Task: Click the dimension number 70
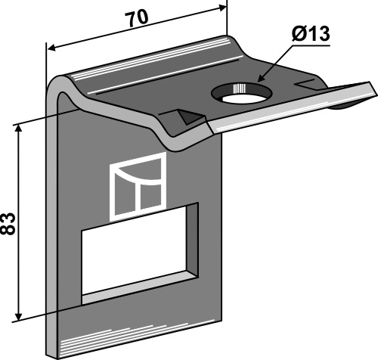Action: point(138,18)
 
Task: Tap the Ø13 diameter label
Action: point(311,34)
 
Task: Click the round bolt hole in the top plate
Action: point(242,93)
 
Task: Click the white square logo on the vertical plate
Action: point(138,187)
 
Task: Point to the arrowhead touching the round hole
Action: point(261,78)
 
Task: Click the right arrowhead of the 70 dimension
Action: point(222,8)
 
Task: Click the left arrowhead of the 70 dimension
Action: point(51,48)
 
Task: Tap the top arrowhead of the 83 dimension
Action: point(18,128)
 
